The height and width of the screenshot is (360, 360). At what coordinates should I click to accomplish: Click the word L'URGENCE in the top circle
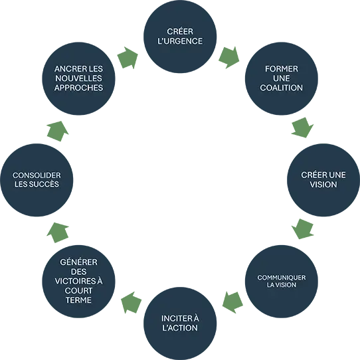(x=180, y=41)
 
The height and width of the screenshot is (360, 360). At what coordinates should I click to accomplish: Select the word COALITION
(x=281, y=88)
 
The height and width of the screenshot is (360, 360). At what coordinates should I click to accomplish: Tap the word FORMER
(x=282, y=69)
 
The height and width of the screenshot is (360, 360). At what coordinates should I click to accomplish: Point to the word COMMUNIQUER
(x=282, y=278)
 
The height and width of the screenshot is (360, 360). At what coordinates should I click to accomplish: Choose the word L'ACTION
(x=180, y=328)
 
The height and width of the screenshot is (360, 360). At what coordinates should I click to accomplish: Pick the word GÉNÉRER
(x=78, y=262)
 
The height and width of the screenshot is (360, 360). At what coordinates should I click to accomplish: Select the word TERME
(x=78, y=300)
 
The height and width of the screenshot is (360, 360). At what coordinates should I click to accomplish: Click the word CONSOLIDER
(x=37, y=175)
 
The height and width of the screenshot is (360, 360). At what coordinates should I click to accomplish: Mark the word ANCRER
(x=68, y=69)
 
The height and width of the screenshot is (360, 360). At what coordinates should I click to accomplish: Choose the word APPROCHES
(x=78, y=88)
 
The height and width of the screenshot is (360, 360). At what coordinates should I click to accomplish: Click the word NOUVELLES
(x=78, y=78)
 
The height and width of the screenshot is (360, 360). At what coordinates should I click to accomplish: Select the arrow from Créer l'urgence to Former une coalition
(x=230, y=57)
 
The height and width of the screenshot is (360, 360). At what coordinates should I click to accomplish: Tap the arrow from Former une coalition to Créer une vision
(x=303, y=128)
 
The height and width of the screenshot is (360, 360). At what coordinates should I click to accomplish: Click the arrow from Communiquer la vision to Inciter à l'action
(x=232, y=302)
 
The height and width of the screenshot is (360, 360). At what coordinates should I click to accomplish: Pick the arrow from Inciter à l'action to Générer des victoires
(x=131, y=302)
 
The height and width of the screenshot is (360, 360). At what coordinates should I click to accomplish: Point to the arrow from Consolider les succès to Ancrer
(x=58, y=131)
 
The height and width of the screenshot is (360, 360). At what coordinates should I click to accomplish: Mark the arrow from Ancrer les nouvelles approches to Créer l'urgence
(x=128, y=58)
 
